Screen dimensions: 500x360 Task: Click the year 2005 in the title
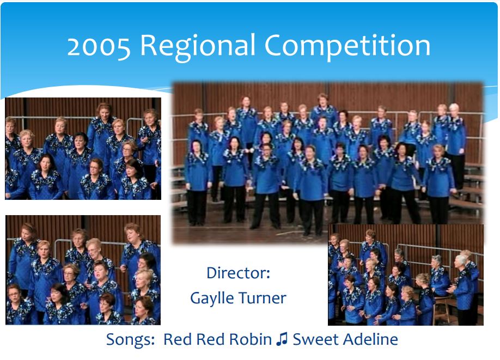(99, 46)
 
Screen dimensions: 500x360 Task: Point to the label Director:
(238, 273)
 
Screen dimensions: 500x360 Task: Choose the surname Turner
(262, 298)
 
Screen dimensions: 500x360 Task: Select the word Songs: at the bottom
(130, 340)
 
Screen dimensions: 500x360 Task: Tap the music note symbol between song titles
(282, 339)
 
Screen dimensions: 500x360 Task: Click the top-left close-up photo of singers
(83, 149)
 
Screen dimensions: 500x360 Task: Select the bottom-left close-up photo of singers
(83, 270)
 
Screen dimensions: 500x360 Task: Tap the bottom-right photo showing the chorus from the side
(406, 274)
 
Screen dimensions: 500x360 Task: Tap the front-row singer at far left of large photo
(197, 182)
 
